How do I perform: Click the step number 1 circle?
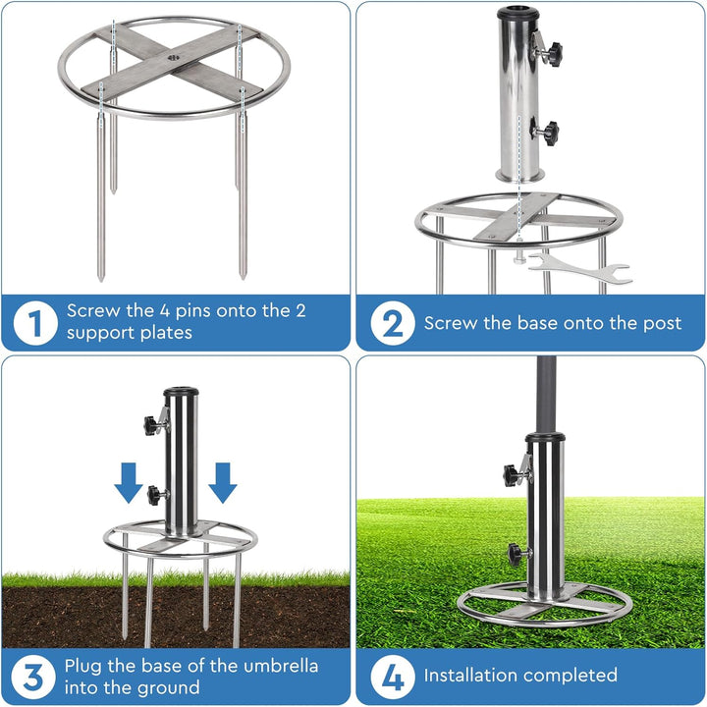pos(35,323)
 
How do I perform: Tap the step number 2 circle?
pos(393,323)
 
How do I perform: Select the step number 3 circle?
pos(33,678)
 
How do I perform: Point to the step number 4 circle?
pos(393,678)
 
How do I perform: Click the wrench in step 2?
pos(580,268)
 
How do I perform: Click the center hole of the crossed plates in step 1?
pos(174,58)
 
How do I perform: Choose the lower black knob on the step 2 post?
pos(550,133)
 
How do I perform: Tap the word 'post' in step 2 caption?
pos(663,324)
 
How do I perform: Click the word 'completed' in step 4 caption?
pos(571,675)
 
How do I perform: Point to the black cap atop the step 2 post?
pos(518,13)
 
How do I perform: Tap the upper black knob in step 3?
pos(151,425)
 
